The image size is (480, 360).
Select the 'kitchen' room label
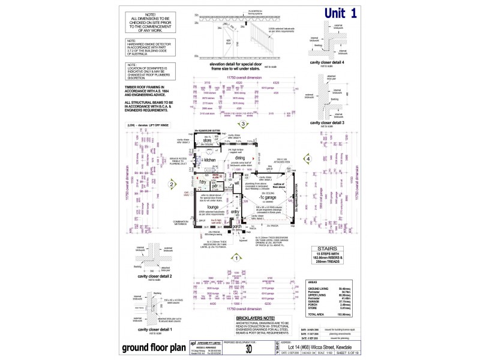click(209, 160)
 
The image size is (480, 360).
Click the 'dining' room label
click(239, 158)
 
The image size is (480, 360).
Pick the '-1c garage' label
click(267, 198)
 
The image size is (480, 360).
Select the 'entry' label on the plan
click(235, 212)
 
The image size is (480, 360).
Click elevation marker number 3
click(243, 124)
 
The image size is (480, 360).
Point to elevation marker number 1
click(237, 259)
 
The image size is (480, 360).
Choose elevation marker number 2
click(171, 186)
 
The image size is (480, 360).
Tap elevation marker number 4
click(308, 158)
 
